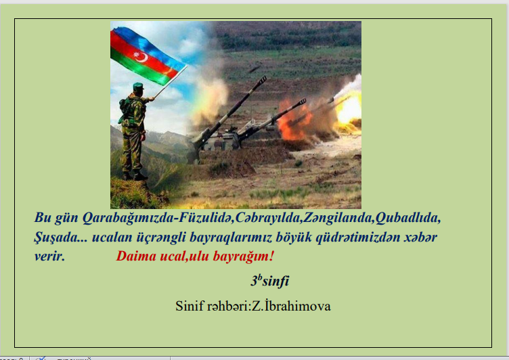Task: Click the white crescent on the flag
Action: click(x=143, y=58)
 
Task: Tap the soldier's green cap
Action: click(x=138, y=86)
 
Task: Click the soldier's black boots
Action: click(x=135, y=176)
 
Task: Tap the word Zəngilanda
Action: click(x=338, y=218)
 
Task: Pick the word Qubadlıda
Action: click(x=407, y=218)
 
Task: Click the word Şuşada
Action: click(x=56, y=238)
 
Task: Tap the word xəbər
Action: click(x=420, y=237)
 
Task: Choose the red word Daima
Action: click(x=136, y=256)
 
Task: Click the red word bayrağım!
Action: click(x=244, y=256)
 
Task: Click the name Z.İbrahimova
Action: click(x=291, y=306)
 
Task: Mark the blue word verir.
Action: click(x=49, y=256)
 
